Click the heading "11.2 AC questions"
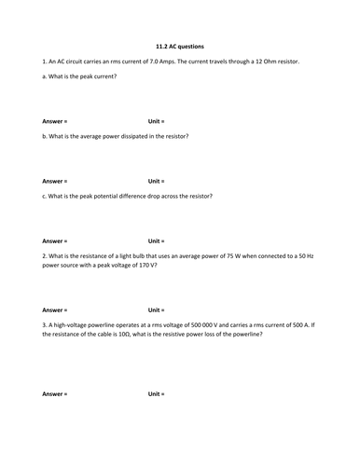click(x=179, y=46)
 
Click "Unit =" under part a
click(x=156, y=121)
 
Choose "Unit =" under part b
click(x=156, y=181)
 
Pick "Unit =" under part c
click(x=156, y=240)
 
